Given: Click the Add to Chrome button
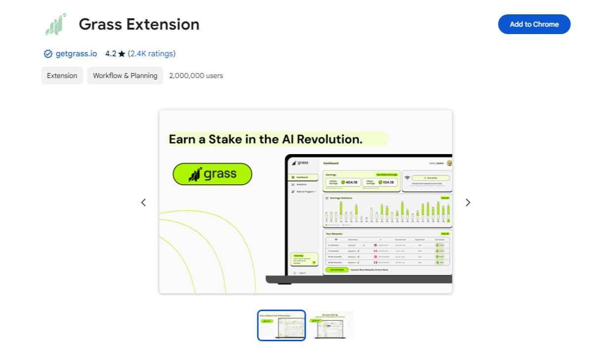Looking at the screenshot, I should (x=534, y=24).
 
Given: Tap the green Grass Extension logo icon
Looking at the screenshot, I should (x=56, y=24).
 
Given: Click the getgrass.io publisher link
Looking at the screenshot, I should (x=76, y=54).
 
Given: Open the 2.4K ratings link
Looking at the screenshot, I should (x=152, y=54).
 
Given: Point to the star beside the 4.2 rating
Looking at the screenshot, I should (x=122, y=54).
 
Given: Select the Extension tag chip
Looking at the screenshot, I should (x=62, y=76).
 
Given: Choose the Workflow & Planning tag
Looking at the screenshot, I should (x=125, y=76).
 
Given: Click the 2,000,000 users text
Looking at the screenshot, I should (x=196, y=76).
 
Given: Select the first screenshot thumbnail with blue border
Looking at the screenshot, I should (x=282, y=325).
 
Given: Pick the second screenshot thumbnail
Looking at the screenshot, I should (x=331, y=325).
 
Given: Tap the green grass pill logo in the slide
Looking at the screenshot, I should (x=212, y=174).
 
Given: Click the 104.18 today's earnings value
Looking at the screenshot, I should (x=388, y=182).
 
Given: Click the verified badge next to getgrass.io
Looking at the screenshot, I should (x=48, y=54).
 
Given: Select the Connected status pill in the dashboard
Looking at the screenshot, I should (x=430, y=178).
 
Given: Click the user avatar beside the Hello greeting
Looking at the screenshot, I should (x=449, y=163).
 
